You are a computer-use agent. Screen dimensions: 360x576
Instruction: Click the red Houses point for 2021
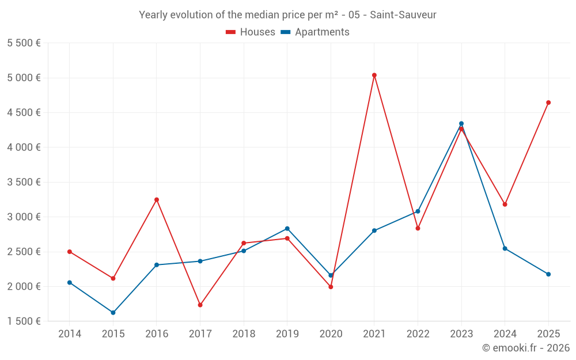pyautogui.click(x=374, y=75)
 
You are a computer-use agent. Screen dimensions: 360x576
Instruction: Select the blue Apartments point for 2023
pyautogui.click(x=461, y=123)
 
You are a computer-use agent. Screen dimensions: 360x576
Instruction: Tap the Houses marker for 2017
pyautogui.click(x=200, y=305)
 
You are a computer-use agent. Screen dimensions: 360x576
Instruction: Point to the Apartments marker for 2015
pyautogui.click(x=113, y=313)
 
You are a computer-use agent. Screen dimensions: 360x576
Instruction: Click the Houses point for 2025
pyautogui.click(x=548, y=103)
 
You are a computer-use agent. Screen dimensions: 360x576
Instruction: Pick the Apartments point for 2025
pyautogui.click(x=548, y=274)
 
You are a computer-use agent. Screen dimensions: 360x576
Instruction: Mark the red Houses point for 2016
pyautogui.click(x=157, y=200)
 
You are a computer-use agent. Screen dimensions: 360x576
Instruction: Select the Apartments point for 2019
pyautogui.click(x=287, y=229)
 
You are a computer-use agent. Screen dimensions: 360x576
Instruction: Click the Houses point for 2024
pyautogui.click(x=505, y=204)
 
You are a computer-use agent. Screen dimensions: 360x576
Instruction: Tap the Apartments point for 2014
pyautogui.click(x=70, y=282)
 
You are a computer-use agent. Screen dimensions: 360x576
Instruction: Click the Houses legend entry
pyautogui.click(x=251, y=32)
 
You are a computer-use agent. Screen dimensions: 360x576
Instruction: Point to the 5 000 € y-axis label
pyautogui.click(x=24, y=78)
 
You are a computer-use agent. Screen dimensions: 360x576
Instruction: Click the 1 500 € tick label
pyautogui.click(x=24, y=321)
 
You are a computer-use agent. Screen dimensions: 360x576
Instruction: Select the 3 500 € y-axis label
pyautogui.click(x=24, y=182)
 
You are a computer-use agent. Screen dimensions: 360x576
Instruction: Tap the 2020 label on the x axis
pyautogui.click(x=331, y=334)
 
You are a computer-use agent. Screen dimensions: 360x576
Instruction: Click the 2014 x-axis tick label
pyautogui.click(x=70, y=334)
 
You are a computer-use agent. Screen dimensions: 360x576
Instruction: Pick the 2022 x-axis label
pyautogui.click(x=418, y=334)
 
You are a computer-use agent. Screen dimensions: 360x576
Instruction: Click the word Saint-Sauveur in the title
pyautogui.click(x=403, y=14)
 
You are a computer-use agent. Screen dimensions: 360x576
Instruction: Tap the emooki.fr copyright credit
pyautogui.click(x=525, y=348)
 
